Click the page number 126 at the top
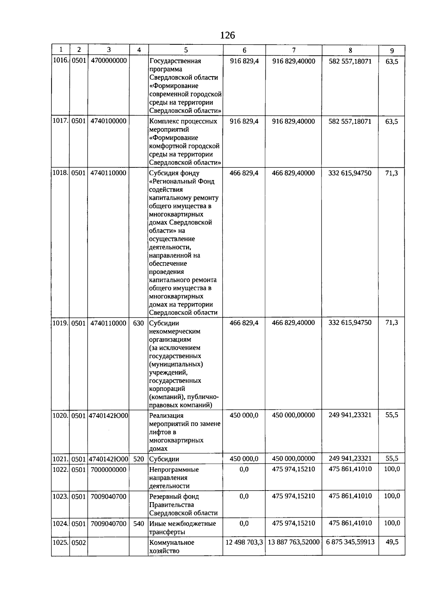coord(227,35)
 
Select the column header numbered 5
coord(186,50)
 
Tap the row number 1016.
coord(60,61)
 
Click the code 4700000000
coord(109,61)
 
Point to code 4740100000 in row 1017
coord(109,121)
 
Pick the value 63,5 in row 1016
coord(392,61)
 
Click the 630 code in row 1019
coord(139,323)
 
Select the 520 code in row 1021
coord(139,459)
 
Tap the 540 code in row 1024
coord(139,524)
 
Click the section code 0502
coord(79,543)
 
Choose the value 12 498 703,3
coord(244,542)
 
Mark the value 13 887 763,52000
coord(294,542)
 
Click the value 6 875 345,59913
coord(350,542)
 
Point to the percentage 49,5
coord(392,542)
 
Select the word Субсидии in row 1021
coord(164,459)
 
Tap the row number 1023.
coord(60,497)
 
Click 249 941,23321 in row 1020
coord(350,415)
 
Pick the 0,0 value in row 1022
coord(244,469)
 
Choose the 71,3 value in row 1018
coord(392,173)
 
